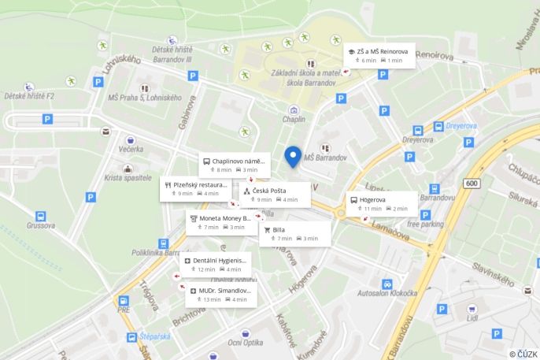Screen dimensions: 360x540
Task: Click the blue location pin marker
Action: point(293,157)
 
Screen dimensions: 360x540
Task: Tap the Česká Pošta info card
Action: point(275,194)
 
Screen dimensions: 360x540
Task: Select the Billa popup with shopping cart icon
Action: point(291,233)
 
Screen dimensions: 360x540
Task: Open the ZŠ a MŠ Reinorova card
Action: point(379,55)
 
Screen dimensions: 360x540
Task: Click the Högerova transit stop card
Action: point(382,204)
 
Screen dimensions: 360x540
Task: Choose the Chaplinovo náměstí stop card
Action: point(234,165)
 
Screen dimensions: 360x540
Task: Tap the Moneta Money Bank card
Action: point(221,221)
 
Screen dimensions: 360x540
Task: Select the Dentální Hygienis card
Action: point(215,264)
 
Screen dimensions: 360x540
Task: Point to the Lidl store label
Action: point(472,320)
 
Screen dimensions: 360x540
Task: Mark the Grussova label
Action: point(40,225)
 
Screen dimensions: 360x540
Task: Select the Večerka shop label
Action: point(131,148)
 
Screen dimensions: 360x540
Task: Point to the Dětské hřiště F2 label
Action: point(29,95)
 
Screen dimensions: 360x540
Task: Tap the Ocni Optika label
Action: point(246,343)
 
